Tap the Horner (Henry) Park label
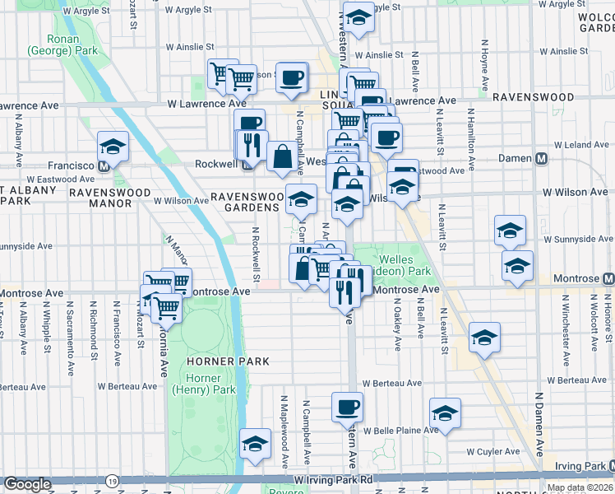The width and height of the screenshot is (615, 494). coord(204,384)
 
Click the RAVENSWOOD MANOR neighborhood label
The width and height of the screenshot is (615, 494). coord(109,198)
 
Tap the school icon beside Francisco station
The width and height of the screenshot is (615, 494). coord(113,147)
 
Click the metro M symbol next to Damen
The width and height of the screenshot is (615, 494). coord(542,158)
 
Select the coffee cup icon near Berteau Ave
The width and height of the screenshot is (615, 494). coord(347,406)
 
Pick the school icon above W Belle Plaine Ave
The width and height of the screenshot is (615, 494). coord(445,413)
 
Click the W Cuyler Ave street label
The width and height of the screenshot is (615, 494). coord(493,452)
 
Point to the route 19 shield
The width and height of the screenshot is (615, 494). coord(112,479)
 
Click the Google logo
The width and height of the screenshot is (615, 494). coord(28,484)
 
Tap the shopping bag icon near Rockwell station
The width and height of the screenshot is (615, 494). coord(281,156)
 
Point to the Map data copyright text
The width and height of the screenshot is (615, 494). coord(580,487)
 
